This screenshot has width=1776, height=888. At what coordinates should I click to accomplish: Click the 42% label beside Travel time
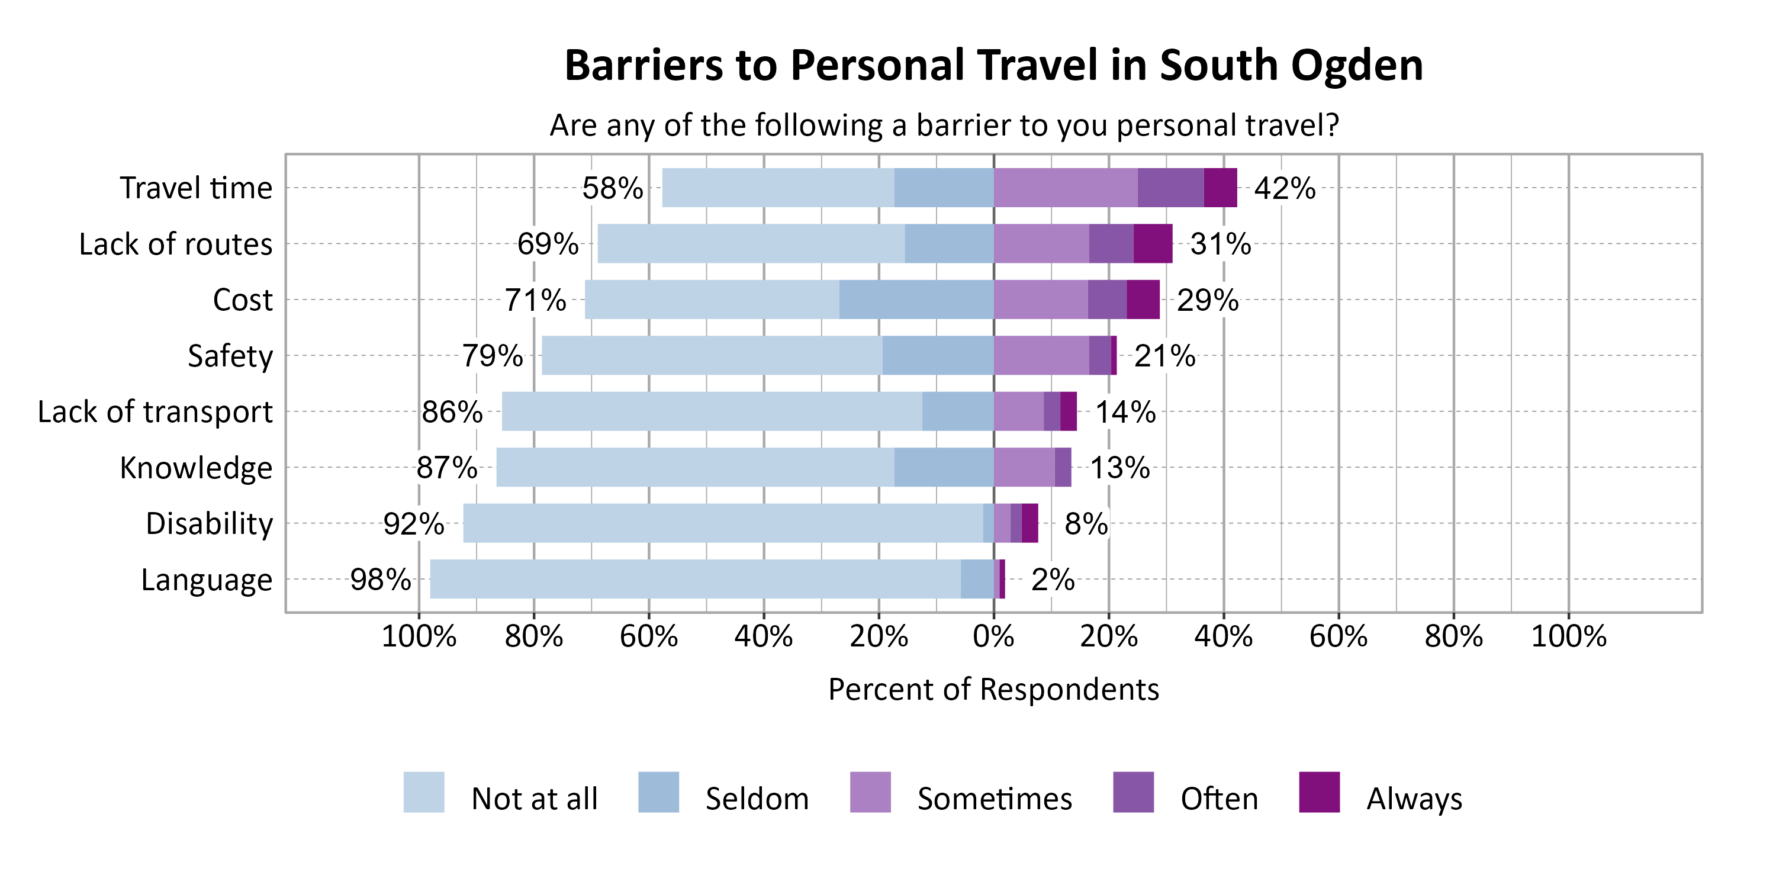(x=1283, y=188)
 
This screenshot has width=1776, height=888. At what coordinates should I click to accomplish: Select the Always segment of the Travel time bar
(x=1220, y=188)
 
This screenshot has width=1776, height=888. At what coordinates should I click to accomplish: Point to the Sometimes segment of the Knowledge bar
(x=1024, y=468)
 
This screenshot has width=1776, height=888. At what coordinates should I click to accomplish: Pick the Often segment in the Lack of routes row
(x=1111, y=243)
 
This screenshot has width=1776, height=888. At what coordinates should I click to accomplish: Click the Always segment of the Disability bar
(x=1029, y=523)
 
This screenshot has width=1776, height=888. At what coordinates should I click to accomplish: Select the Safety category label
(x=230, y=356)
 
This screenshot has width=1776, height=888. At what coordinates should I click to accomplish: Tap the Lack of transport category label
(x=155, y=412)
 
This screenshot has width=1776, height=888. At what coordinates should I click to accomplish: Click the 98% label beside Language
(x=381, y=580)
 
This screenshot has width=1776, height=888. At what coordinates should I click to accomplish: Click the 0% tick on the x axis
(x=993, y=636)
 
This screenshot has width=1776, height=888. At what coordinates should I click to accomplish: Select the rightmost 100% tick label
(x=1568, y=636)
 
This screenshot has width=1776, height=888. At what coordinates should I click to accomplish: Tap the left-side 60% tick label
(x=648, y=636)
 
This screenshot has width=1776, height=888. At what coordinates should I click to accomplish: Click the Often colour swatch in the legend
(x=1132, y=792)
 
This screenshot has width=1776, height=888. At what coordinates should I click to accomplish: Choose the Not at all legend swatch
(x=423, y=792)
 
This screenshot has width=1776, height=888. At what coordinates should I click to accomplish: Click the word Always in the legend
(x=1414, y=799)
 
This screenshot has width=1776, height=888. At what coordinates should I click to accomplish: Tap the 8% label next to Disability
(x=1086, y=524)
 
